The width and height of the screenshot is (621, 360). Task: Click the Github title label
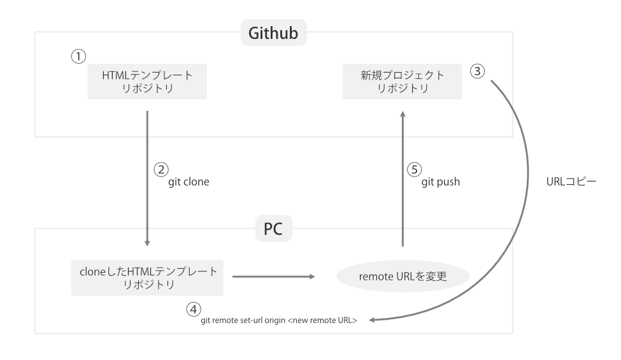point(274,32)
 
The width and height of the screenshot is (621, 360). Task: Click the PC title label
point(275,228)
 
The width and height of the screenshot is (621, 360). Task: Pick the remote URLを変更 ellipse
point(403,277)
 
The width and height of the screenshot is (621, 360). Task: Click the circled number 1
point(77,56)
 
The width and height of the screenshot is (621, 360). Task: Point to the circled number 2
point(161,169)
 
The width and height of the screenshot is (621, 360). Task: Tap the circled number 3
point(478,71)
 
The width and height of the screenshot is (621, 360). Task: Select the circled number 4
point(193,309)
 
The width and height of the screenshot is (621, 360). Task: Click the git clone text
point(189,182)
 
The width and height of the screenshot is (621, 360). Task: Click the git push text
point(441,182)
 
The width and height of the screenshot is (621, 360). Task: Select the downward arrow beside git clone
point(147,178)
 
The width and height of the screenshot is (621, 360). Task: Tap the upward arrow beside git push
point(402,178)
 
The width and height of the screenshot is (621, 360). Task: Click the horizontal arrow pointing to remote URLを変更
point(274,277)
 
